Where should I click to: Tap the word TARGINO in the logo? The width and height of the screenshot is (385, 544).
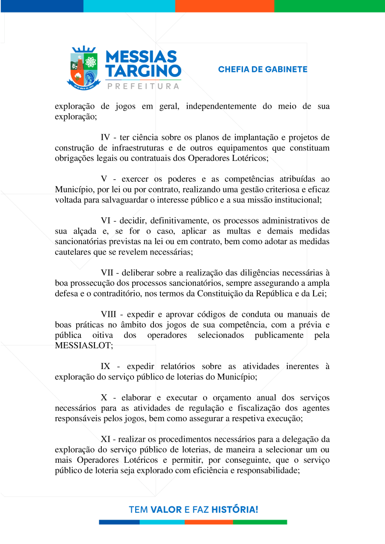[143, 71]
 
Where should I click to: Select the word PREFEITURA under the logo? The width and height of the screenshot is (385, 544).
[143, 86]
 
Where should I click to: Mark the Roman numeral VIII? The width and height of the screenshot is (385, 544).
[110, 314]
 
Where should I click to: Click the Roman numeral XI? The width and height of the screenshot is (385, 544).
[107, 439]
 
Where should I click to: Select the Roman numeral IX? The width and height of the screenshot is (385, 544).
[106, 367]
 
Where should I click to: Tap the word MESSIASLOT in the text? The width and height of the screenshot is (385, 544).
[82, 346]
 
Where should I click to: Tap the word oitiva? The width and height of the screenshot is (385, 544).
[103, 335]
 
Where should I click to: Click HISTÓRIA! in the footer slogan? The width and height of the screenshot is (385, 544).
[235, 509]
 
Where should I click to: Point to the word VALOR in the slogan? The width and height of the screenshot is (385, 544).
[166, 509]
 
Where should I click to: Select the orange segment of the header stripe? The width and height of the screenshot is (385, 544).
[224, 6]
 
